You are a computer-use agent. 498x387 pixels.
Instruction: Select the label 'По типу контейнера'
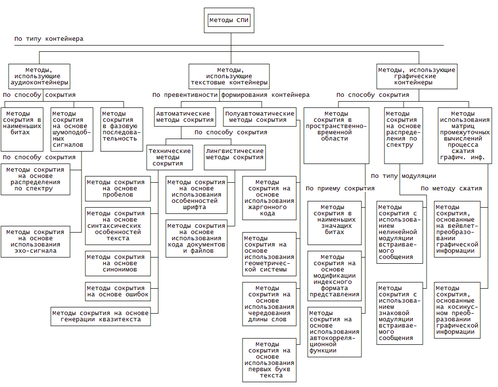[x=49, y=39]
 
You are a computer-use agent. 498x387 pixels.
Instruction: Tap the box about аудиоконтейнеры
[x=39, y=76]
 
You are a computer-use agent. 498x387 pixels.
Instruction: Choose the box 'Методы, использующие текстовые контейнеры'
[x=228, y=76]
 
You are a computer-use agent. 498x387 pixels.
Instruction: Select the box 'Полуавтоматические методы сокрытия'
[x=259, y=117]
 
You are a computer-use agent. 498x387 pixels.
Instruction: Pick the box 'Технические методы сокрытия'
[x=170, y=157]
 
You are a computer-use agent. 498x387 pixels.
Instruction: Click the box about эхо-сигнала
[x=35, y=241]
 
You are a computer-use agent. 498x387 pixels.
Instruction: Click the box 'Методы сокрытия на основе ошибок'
[x=118, y=291]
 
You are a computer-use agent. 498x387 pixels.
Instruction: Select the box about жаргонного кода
[x=269, y=198]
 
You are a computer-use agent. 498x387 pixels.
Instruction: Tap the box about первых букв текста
[x=269, y=360]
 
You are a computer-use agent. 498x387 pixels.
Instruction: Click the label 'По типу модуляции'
[x=404, y=176]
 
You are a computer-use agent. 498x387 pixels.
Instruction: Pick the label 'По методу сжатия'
[x=451, y=188]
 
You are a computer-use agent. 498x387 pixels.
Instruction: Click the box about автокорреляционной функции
[x=334, y=332]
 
